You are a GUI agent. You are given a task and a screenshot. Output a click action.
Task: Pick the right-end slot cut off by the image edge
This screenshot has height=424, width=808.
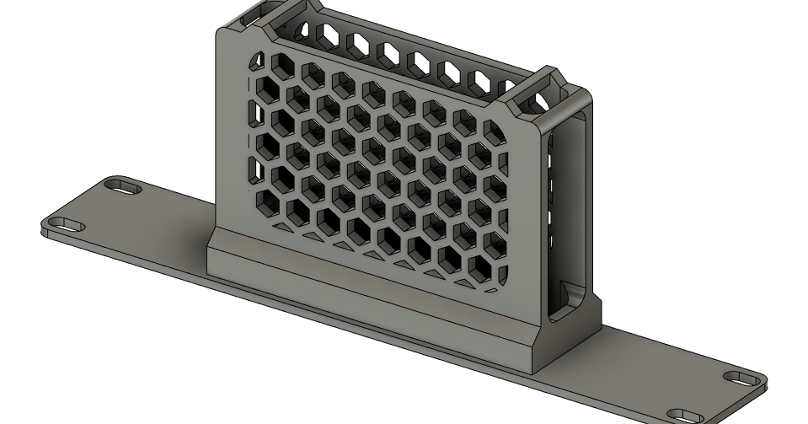[687, 416]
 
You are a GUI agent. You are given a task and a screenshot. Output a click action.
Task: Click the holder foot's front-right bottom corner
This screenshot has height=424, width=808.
[532, 371]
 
